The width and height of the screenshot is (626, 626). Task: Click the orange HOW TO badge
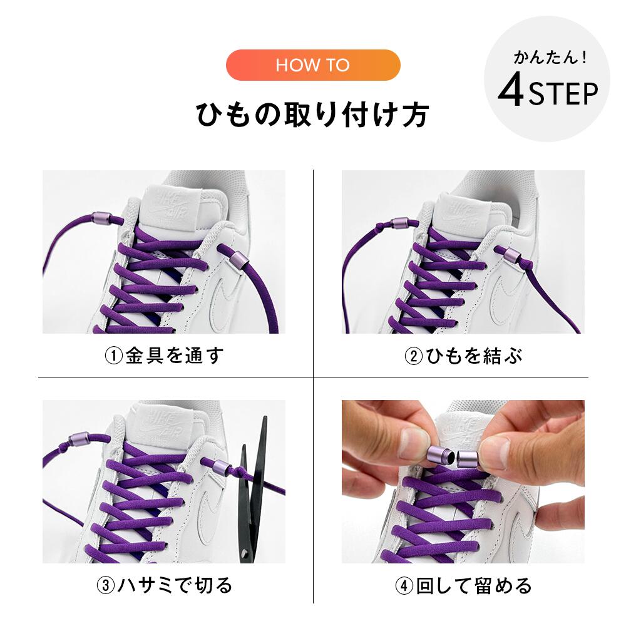[312, 65]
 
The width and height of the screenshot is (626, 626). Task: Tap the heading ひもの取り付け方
[312, 116]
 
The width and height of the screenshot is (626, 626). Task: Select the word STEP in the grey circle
[563, 95]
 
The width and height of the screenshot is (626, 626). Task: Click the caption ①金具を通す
[164, 356]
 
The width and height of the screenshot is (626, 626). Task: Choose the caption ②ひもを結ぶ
[463, 356]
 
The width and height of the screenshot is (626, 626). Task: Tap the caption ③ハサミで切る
[164, 585]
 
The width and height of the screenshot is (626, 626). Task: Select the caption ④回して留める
[463, 586]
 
